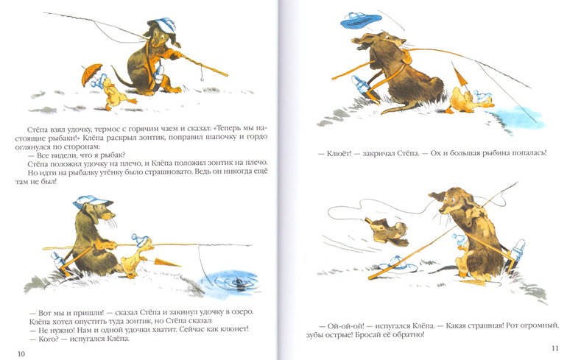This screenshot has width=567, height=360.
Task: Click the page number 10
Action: pyautogui.click(x=21, y=353)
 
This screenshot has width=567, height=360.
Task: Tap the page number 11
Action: pyautogui.click(x=555, y=348)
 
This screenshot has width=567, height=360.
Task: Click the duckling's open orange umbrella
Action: pyautogui.click(x=91, y=74)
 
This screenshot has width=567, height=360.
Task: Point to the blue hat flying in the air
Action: pyautogui.click(x=361, y=20)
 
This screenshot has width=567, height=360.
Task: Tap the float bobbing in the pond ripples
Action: pyautogui.click(x=239, y=280)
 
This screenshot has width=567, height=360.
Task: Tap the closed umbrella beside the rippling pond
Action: pyautogui.click(x=166, y=262)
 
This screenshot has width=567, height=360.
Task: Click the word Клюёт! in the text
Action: pyautogui.click(x=339, y=153)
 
